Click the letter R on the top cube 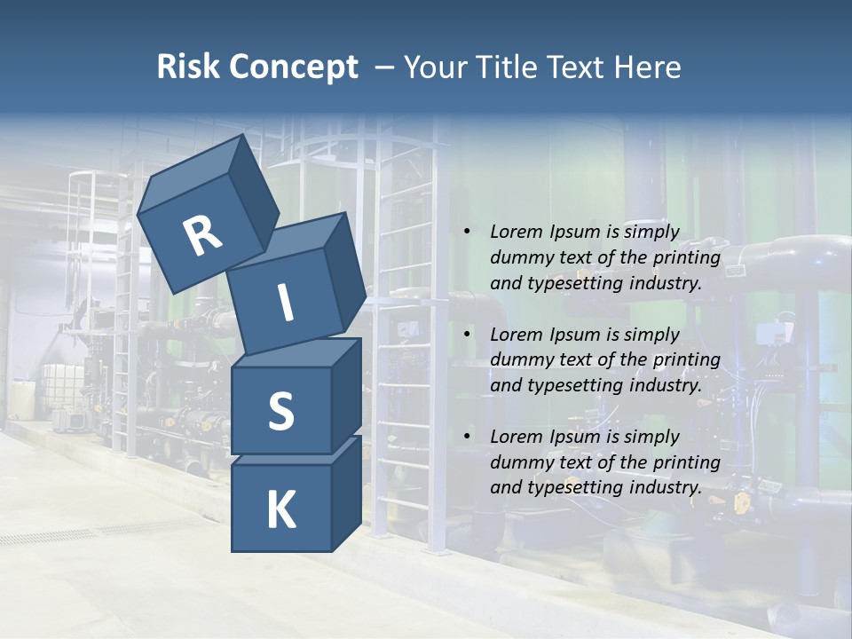tap(203, 236)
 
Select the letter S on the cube tap(280, 410)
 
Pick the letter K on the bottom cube tap(280, 510)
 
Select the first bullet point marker tap(467, 233)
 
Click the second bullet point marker tap(467, 335)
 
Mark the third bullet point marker tap(467, 437)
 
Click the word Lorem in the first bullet tap(515, 233)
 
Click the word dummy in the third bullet tap(518, 462)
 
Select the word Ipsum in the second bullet tap(572, 335)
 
